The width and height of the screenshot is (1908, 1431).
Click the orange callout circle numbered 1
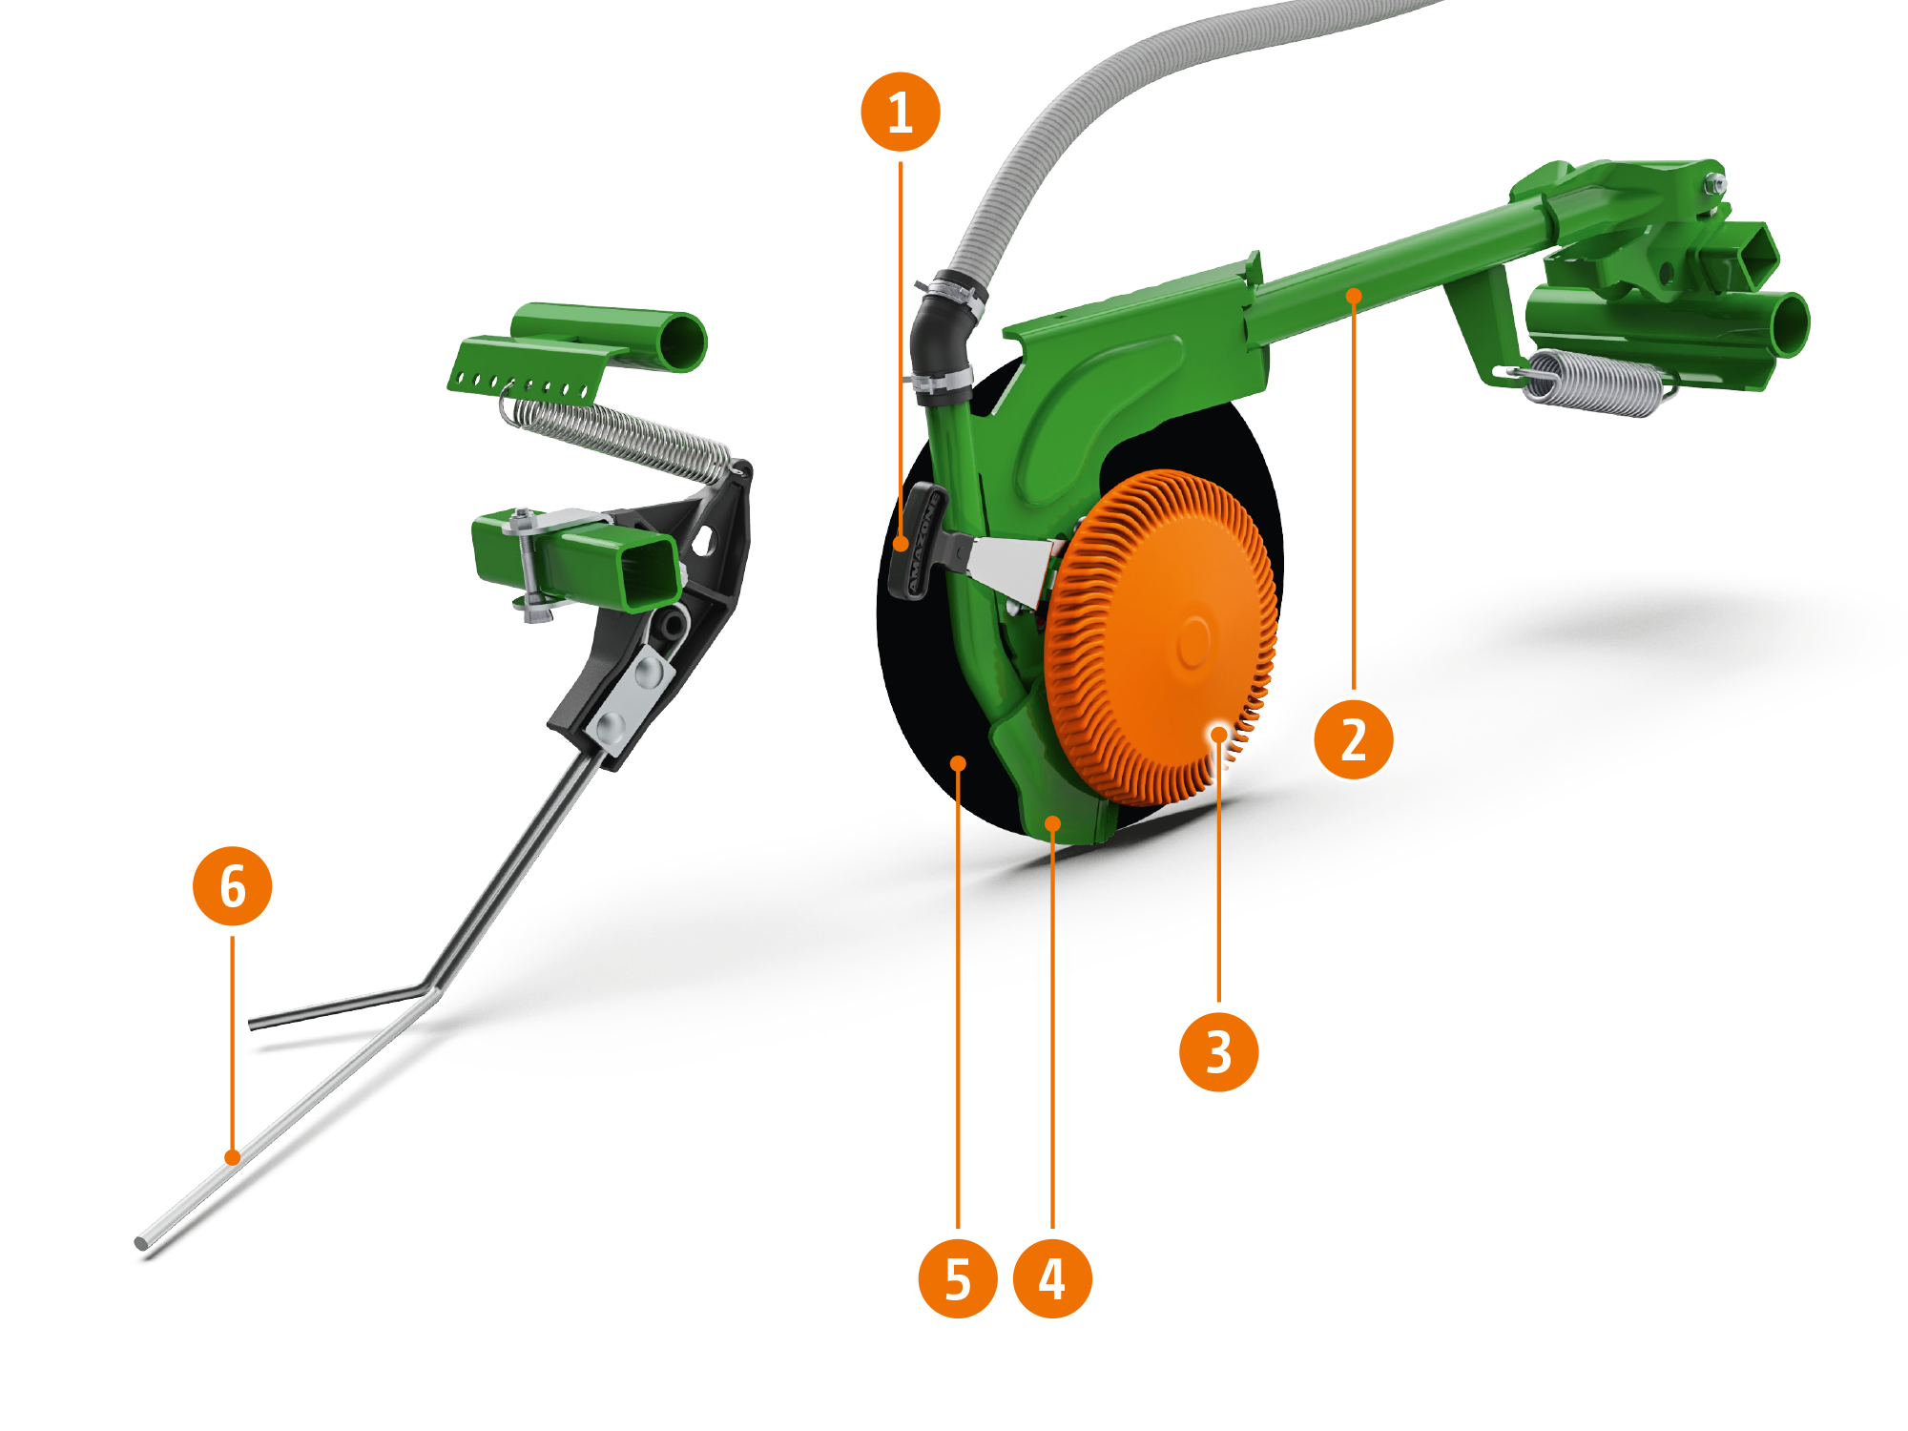(900, 112)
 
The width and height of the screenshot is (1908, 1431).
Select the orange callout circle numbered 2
(1353, 739)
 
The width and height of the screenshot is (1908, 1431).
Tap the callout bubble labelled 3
(1218, 1051)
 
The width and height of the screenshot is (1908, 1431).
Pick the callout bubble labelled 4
(1052, 1278)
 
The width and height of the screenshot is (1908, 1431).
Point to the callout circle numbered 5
(958, 1278)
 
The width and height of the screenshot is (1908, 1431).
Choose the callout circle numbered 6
(233, 886)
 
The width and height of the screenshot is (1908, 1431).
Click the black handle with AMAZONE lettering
(914, 541)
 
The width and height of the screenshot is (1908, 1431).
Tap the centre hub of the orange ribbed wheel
(1192, 641)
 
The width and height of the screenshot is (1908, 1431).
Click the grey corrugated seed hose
(1097, 114)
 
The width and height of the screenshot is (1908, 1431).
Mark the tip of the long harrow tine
(141, 1242)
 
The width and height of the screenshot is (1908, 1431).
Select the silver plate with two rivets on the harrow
(631, 695)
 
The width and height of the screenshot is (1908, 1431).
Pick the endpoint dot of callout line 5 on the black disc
(958, 763)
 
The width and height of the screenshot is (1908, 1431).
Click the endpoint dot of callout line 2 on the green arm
(1353, 296)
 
